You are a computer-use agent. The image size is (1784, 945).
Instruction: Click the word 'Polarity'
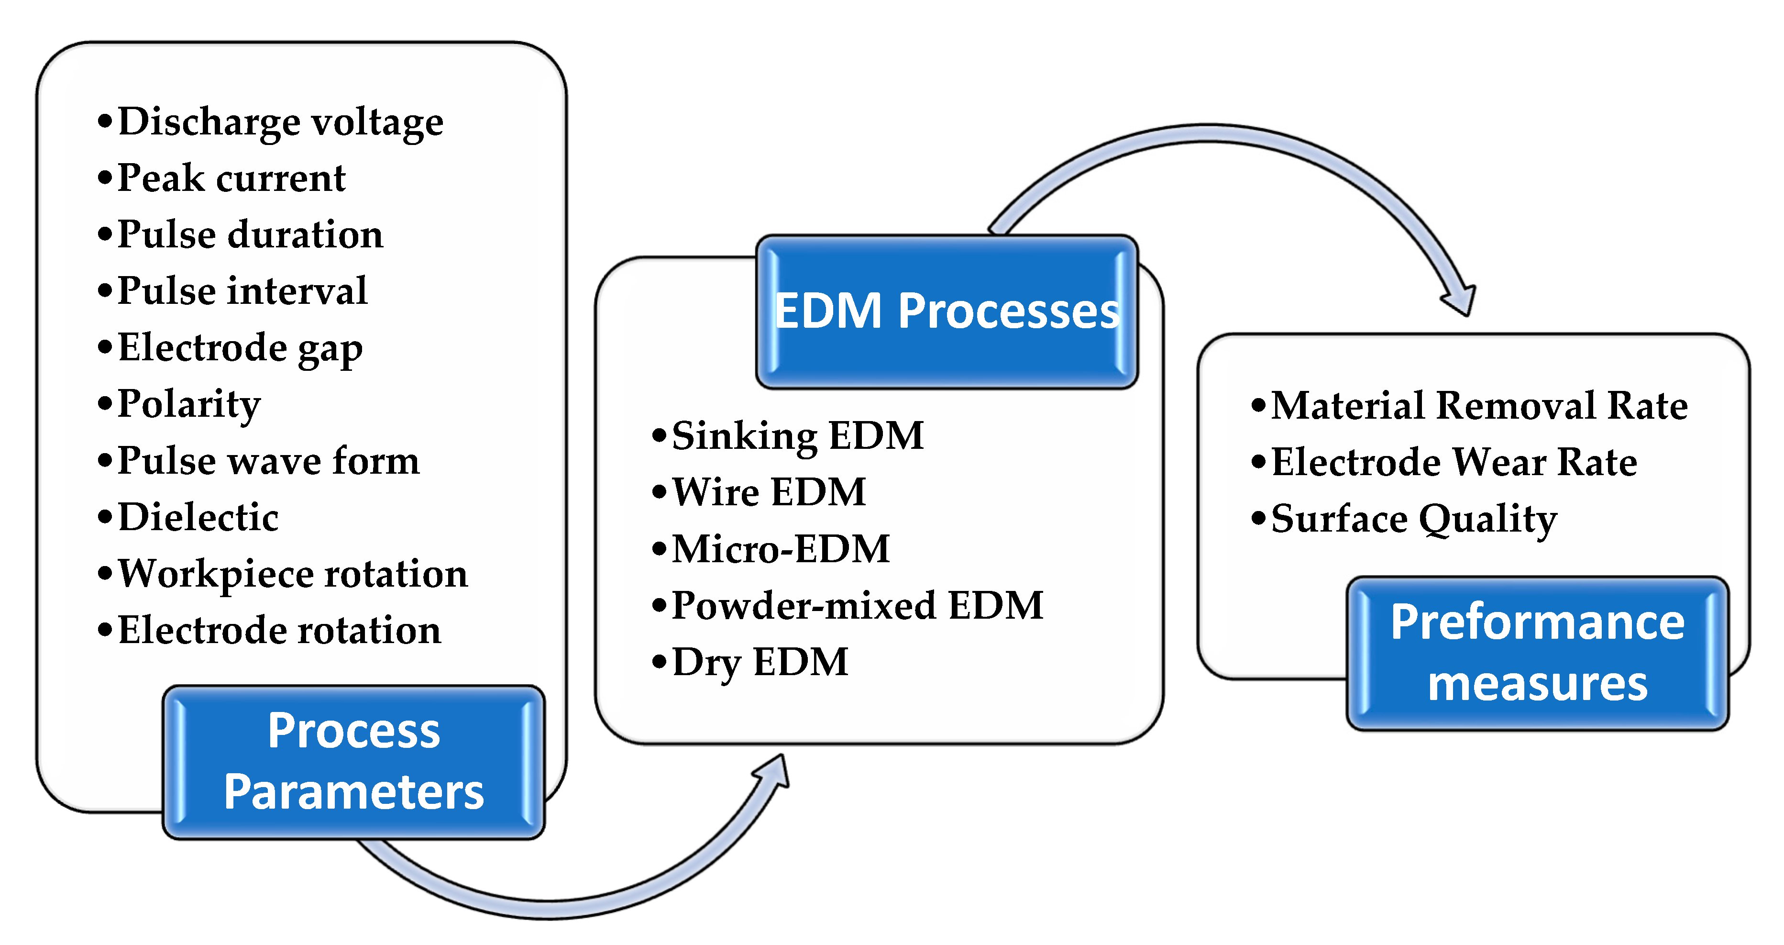click(188, 405)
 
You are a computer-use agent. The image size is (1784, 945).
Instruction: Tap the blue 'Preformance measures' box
click(1538, 653)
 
